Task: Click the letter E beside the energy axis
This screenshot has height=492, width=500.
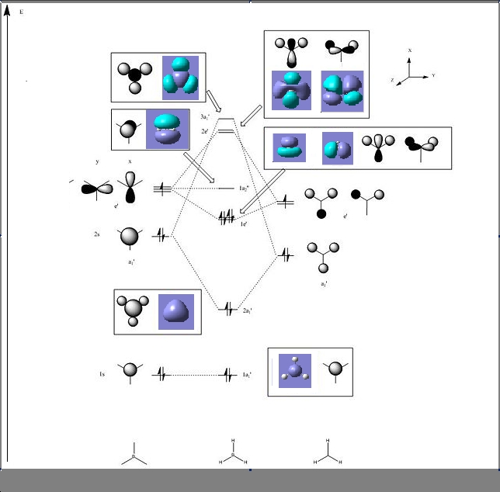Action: click(21, 13)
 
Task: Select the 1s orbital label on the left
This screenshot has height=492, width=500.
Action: click(102, 375)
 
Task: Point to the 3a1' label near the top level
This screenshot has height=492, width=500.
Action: click(203, 116)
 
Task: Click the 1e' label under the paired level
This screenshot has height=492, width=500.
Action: click(243, 223)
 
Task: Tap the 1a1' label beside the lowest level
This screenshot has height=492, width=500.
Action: click(247, 376)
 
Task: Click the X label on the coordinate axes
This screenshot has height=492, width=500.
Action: click(410, 50)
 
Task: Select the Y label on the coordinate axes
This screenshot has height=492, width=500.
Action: click(432, 75)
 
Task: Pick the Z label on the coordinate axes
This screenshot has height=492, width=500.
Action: click(393, 80)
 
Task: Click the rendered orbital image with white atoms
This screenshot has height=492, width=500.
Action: click(295, 370)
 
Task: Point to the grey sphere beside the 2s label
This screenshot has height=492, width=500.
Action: click(130, 236)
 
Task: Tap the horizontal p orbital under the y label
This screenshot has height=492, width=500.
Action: click(96, 189)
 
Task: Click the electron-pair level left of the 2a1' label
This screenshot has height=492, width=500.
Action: click(227, 310)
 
